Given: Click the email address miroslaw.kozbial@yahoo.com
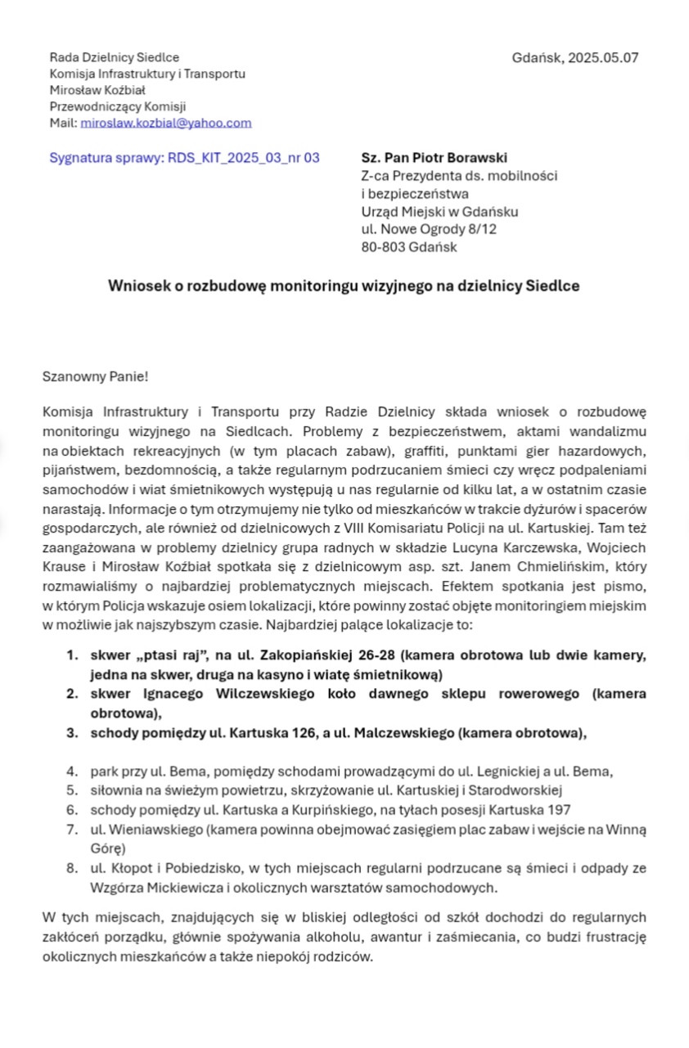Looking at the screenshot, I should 166,123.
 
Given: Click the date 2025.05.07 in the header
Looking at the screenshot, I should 603,57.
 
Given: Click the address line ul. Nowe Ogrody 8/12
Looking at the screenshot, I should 429,229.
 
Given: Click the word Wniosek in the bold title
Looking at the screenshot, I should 137,286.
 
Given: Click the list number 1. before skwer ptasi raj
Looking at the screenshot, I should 73,655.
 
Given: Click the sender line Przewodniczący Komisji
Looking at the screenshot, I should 118,106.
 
